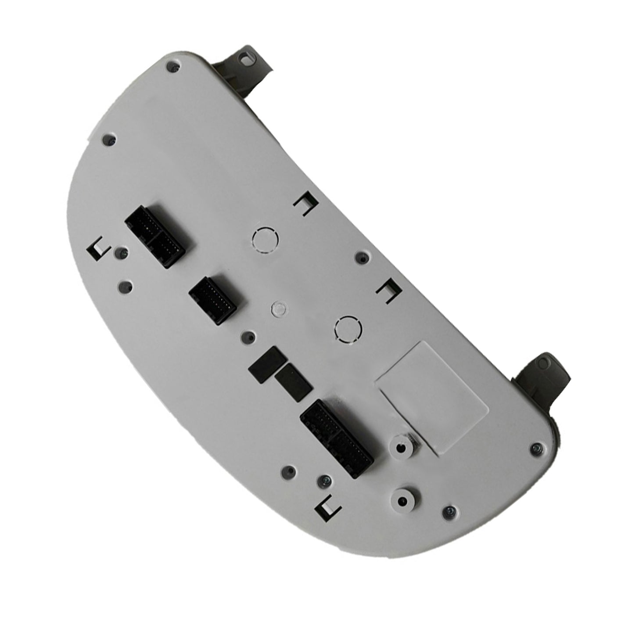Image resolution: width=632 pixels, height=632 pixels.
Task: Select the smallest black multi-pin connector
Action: (213, 301)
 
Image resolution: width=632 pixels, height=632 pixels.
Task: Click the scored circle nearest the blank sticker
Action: (348, 329)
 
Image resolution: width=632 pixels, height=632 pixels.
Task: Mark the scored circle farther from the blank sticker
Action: (266, 240)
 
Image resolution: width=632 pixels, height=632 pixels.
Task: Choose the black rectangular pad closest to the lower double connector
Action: (293, 379)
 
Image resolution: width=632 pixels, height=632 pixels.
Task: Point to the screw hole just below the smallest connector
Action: (248, 337)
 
